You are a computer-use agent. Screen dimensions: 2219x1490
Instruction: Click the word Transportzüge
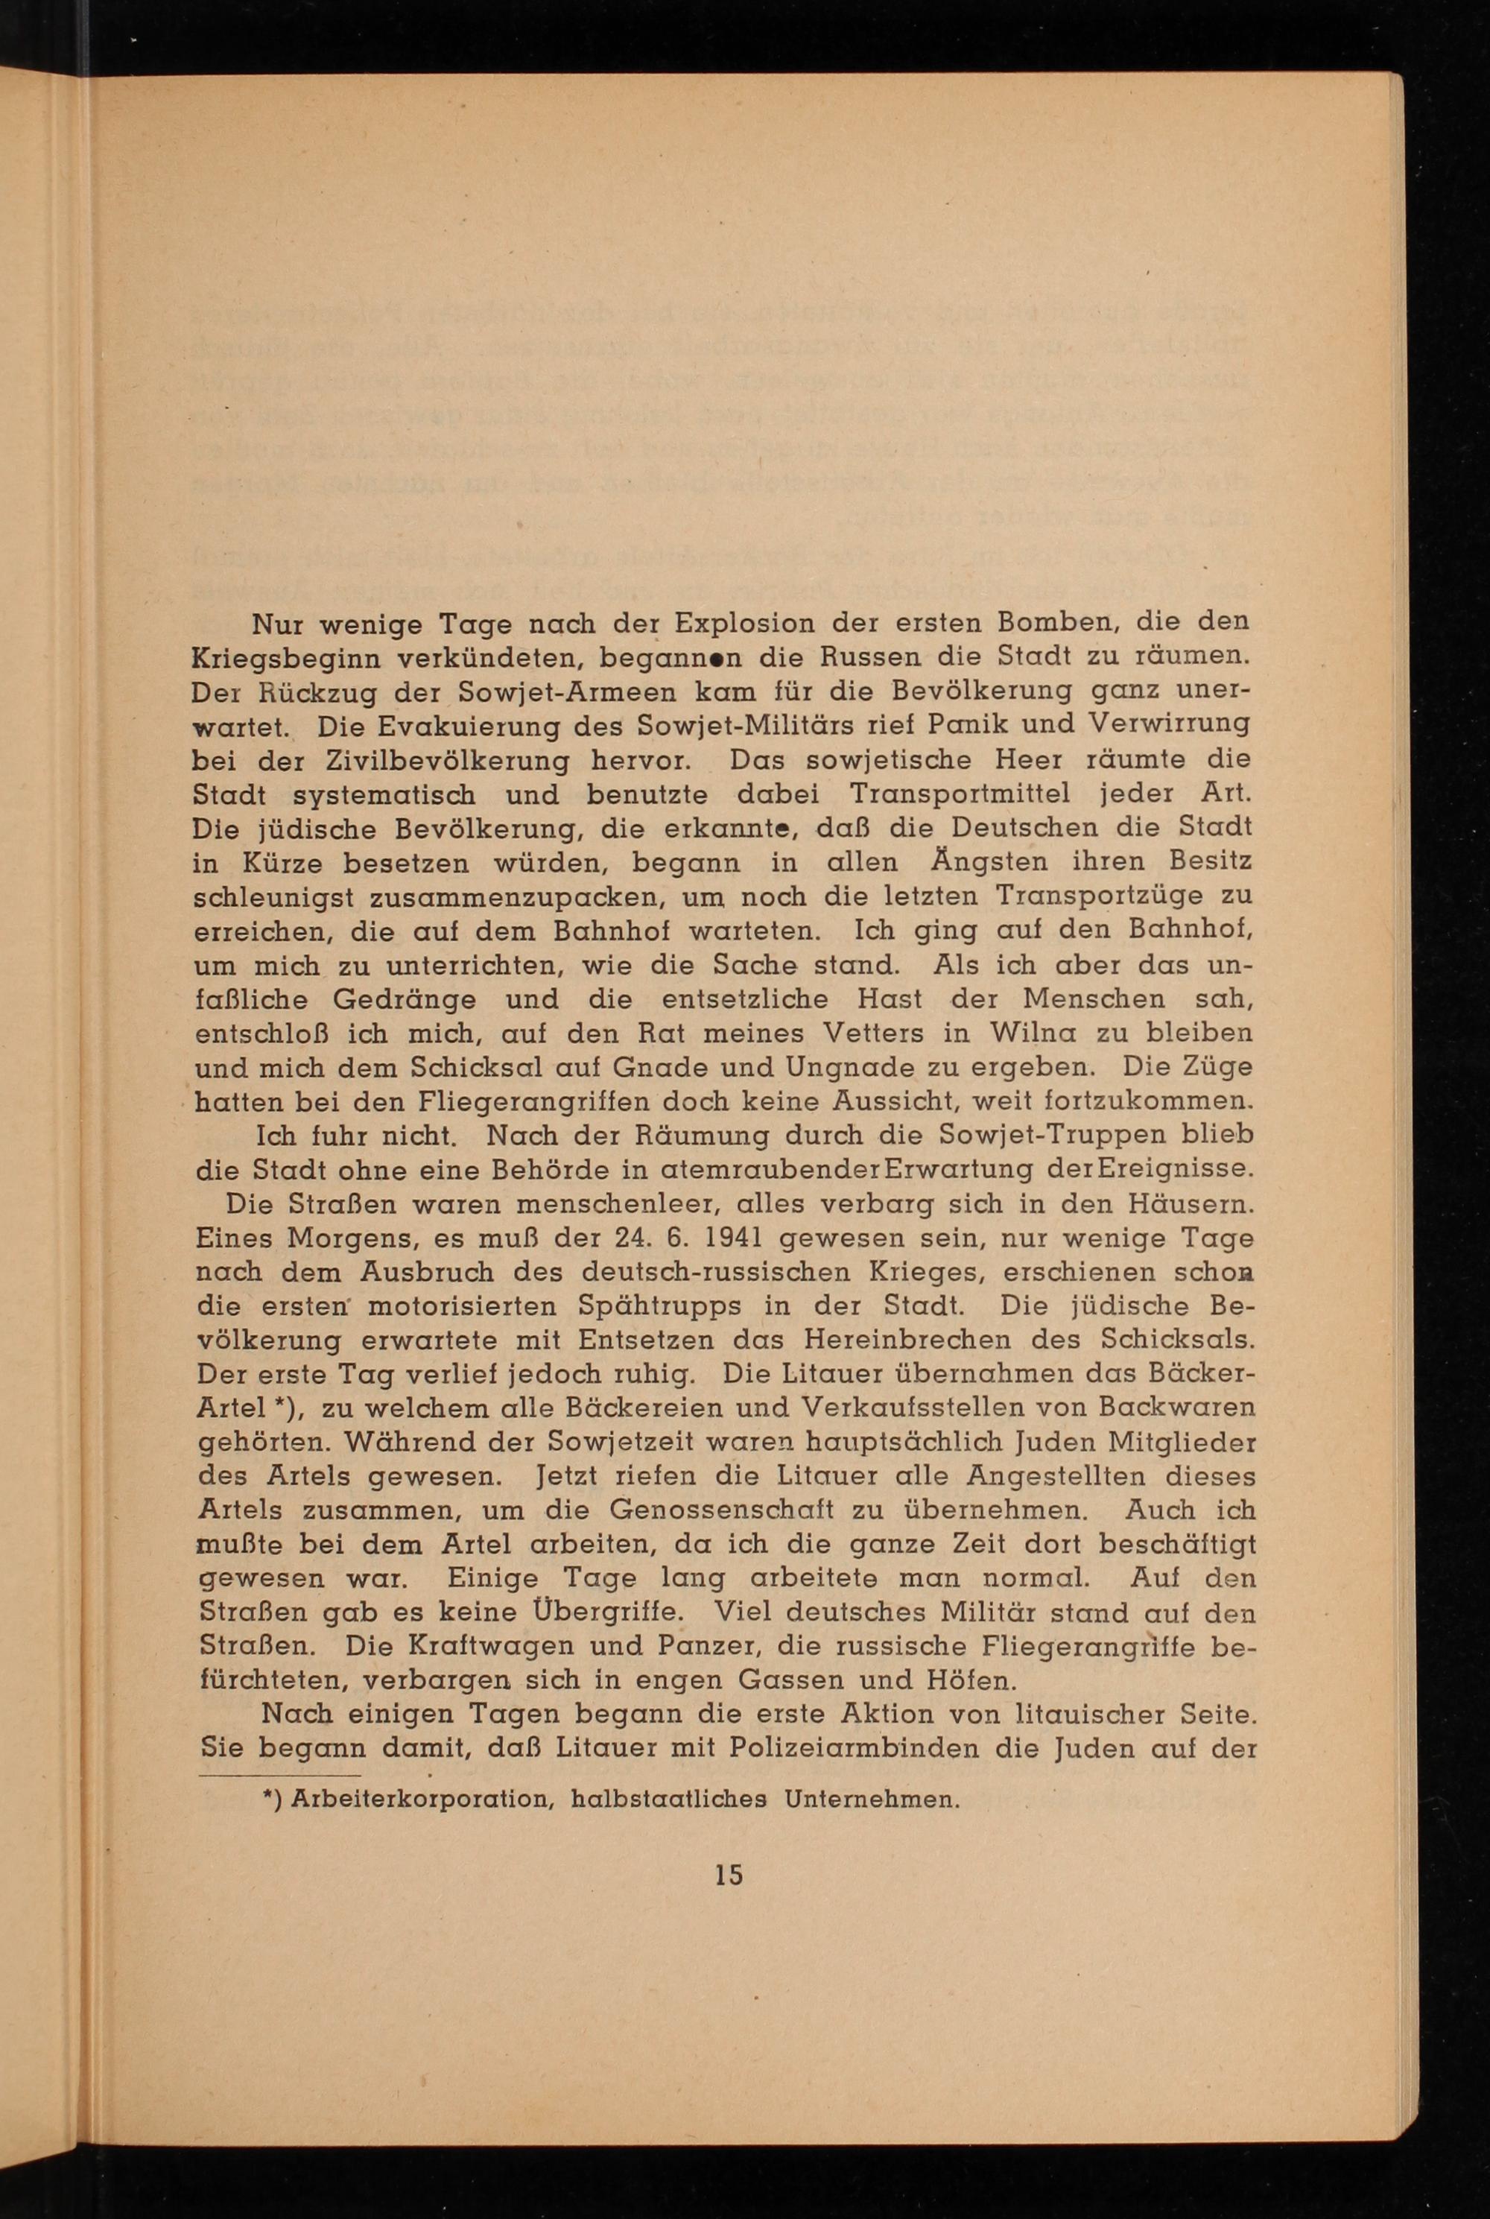[x=1089, y=897]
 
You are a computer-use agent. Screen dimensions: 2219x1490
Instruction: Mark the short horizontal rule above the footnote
[x=279, y=1774]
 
